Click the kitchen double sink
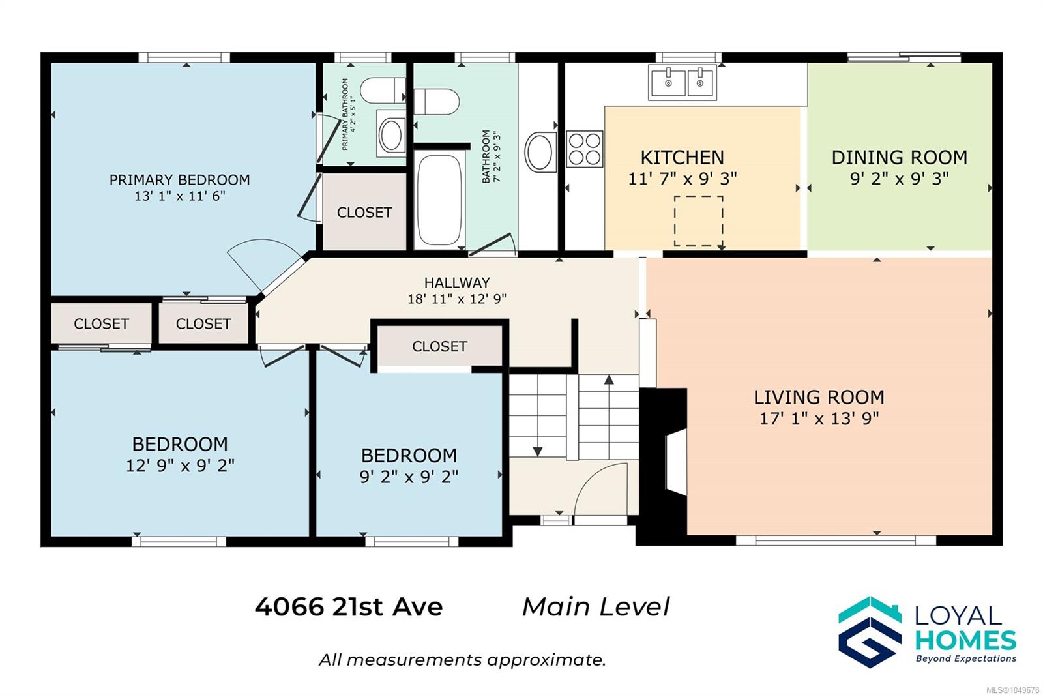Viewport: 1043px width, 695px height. tap(682, 82)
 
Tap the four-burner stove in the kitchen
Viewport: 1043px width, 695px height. tap(584, 149)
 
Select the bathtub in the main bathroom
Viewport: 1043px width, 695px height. tap(439, 200)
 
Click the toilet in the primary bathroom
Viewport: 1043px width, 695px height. tap(383, 91)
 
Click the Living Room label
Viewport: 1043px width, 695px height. tap(819, 397)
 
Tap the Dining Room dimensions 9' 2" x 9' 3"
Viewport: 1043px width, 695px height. tap(899, 179)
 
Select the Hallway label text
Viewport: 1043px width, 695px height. tap(457, 283)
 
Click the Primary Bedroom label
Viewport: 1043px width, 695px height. tap(179, 180)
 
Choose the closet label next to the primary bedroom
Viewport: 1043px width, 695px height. tap(364, 213)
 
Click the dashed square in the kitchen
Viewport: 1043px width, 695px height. tap(698, 221)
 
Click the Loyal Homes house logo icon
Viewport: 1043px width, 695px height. tap(870, 632)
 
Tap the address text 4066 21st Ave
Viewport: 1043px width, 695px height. tap(348, 606)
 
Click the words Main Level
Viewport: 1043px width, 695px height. tap(596, 606)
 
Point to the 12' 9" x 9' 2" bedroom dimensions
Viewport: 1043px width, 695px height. tap(180, 466)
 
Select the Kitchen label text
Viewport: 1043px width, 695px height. tap(682, 157)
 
